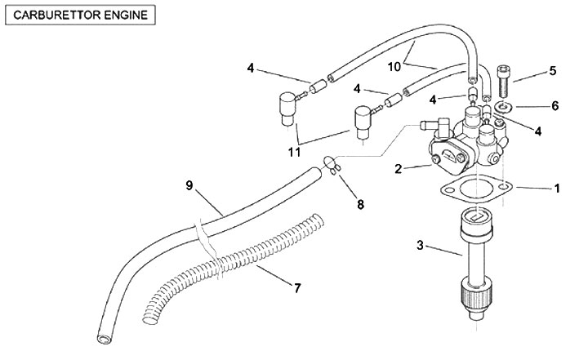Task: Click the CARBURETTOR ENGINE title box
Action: (80, 15)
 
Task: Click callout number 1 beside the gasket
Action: (557, 189)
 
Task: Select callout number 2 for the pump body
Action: (399, 169)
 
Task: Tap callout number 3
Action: (420, 245)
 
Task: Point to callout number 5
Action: (553, 71)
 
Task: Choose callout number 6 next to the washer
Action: (555, 106)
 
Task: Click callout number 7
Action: (297, 288)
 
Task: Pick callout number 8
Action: (360, 204)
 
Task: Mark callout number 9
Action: (189, 185)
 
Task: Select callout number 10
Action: (394, 67)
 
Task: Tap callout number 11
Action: (294, 152)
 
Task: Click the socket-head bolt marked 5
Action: (504, 81)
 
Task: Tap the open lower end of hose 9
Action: (104, 339)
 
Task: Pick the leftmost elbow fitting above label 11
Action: (287, 109)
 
